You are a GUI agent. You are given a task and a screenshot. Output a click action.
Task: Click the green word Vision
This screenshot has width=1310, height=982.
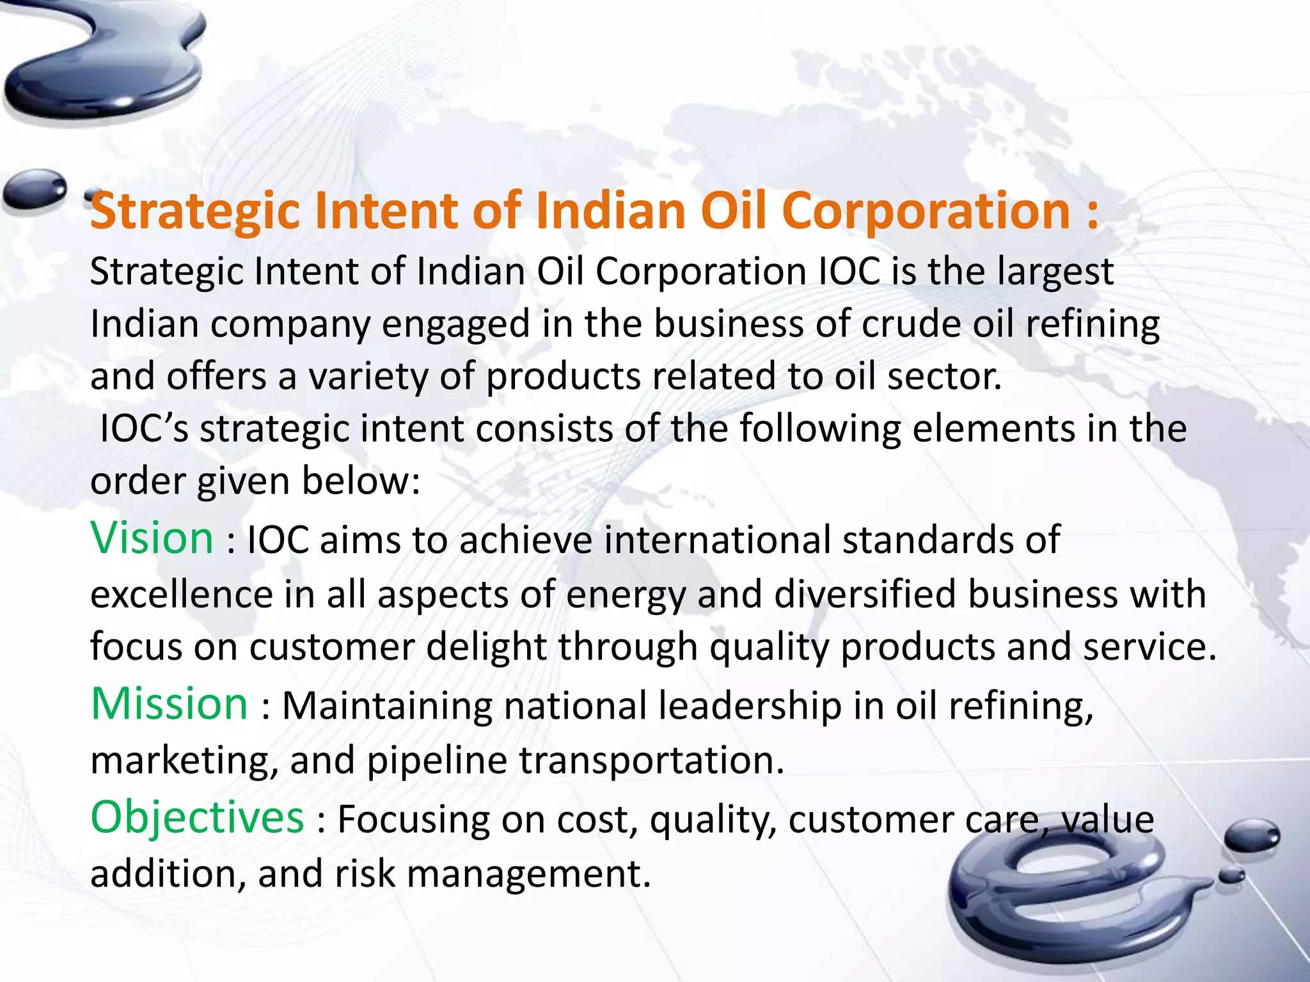tap(152, 538)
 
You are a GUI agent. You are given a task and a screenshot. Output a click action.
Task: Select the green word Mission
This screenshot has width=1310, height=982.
tap(169, 704)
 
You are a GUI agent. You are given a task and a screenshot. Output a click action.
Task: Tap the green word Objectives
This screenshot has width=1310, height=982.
tap(197, 818)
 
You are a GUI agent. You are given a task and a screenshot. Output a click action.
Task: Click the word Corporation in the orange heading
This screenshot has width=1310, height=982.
tap(926, 212)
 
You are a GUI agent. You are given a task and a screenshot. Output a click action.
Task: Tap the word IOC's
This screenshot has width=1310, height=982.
tap(144, 428)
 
